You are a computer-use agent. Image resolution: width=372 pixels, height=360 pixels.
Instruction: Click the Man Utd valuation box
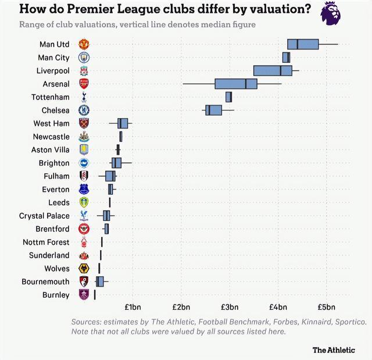click(303, 44)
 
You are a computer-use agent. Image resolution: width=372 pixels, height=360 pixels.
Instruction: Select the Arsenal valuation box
click(236, 84)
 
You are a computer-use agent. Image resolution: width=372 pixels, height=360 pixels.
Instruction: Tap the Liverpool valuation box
click(273, 70)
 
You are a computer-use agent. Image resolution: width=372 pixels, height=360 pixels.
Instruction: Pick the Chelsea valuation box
click(213, 110)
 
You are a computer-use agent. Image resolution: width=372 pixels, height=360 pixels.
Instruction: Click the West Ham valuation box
click(123, 123)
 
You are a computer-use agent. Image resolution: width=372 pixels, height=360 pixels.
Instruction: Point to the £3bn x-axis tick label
click(230, 307)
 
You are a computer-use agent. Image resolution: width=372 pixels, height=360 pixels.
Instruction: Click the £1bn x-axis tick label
click(133, 307)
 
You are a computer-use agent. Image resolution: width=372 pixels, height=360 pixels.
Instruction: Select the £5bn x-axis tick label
click(326, 307)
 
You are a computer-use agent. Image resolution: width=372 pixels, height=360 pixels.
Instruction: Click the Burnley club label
click(56, 295)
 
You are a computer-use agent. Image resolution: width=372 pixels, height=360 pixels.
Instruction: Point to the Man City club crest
click(84, 58)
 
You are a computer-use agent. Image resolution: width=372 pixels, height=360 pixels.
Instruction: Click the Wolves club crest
click(84, 269)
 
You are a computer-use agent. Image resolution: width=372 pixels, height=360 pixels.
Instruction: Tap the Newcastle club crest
click(84, 137)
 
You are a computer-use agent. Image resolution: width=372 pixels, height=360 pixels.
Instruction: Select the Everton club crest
click(84, 190)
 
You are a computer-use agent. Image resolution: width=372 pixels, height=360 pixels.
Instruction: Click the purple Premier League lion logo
click(331, 13)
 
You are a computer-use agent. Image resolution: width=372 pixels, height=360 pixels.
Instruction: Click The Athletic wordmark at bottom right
click(334, 350)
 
